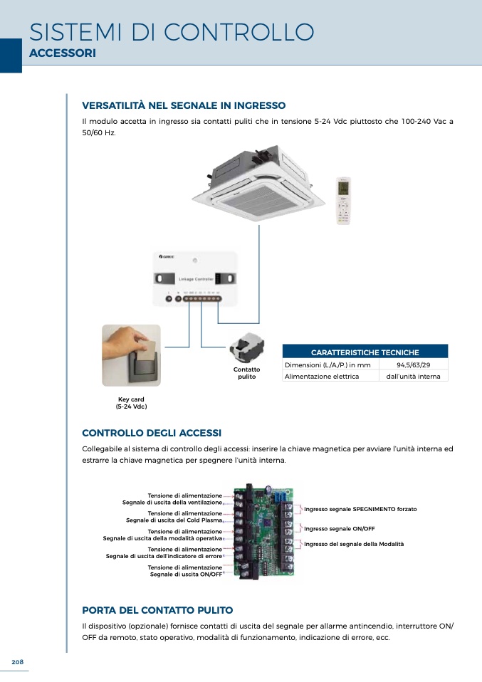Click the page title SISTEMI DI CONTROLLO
click(172, 32)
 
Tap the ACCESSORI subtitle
click(63, 54)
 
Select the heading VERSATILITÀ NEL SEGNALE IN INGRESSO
click(184, 105)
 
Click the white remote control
click(344, 201)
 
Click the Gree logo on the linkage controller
click(165, 256)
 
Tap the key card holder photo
click(131, 355)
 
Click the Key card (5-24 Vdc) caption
click(131, 403)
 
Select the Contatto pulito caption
click(246, 373)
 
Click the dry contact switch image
click(246, 347)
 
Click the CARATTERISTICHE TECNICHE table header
click(365, 352)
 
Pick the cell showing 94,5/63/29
click(413, 365)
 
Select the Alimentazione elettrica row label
click(322, 376)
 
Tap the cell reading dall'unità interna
click(413, 376)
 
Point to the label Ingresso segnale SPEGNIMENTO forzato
click(360, 510)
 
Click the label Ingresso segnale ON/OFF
click(339, 529)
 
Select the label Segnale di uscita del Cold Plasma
click(174, 520)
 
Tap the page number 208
click(18, 662)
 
